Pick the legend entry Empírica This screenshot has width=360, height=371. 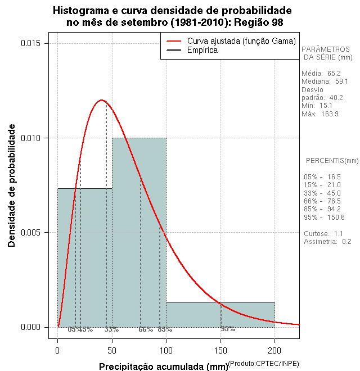[202, 50]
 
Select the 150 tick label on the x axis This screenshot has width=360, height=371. [220, 350]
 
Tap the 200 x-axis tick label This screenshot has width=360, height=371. [274, 350]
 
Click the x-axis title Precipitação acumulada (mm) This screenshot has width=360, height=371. [163, 367]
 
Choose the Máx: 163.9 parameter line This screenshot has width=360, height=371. [320, 114]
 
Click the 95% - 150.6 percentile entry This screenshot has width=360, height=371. [324, 217]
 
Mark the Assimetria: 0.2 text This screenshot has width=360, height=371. [327, 242]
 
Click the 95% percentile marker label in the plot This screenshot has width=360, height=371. [228, 329]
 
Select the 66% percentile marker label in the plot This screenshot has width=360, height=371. [146, 329]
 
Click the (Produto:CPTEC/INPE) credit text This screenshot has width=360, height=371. [263, 364]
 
